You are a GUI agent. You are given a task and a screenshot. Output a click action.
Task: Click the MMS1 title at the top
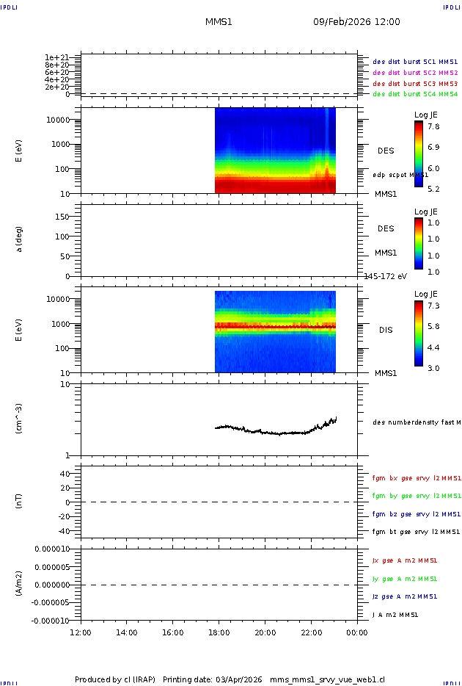click(x=219, y=22)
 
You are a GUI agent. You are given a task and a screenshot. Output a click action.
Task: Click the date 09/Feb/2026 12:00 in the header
click(x=356, y=22)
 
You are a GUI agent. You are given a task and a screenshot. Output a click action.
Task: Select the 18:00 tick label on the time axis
click(x=219, y=632)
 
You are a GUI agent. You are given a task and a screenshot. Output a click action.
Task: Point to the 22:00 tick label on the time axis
click(x=312, y=632)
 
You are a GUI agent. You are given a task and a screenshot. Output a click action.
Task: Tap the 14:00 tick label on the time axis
click(x=127, y=632)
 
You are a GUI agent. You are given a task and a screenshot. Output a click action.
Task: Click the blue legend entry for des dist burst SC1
click(x=415, y=62)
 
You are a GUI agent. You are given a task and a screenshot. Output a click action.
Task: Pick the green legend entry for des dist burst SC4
click(x=415, y=94)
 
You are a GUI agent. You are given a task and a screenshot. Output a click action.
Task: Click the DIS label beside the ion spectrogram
click(x=386, y=330)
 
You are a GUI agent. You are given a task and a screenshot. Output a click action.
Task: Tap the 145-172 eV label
click(x=386, y=276)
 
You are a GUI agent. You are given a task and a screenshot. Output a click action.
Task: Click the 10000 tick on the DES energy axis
click(x=56, y=120)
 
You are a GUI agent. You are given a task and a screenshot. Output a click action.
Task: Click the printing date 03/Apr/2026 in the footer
click(x=239, y=679)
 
